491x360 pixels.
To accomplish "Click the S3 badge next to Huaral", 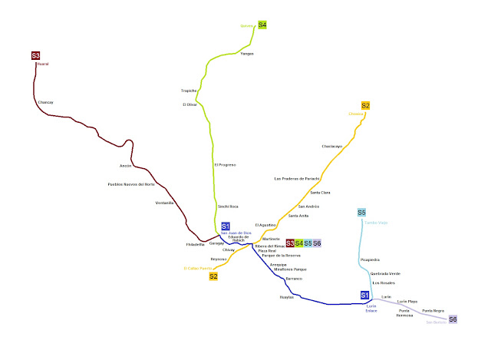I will tap(36, 55).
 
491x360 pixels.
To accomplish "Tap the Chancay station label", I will tap(47, 101).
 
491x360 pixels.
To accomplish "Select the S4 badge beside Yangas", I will tap(262, 25).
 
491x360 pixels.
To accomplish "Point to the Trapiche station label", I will tap(189, 91).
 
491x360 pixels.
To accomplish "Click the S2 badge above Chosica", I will tap(365, 105).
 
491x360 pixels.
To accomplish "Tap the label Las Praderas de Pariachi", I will tap(296, 178).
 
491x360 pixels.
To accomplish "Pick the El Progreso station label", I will tap(225, 164).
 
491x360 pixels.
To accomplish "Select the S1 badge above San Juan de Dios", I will tap(226, 226).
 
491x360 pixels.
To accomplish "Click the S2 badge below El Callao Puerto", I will tap(214, 276).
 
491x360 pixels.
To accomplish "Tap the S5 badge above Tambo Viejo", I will tap(362, 213).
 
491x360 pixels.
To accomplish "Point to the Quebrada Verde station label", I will tap(385, 273).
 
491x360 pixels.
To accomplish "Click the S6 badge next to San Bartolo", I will tap(453, 319).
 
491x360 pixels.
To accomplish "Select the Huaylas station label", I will tap(286, 296).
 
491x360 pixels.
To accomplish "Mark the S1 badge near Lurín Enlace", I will tap(365, 296).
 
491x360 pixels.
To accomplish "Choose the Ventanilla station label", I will tap(165, 203).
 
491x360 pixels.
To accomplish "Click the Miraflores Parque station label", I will tap(289, 269).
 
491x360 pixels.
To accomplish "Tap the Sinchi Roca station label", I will tap(228, 206).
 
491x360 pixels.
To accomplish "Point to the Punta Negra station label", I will tap(433, 310).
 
